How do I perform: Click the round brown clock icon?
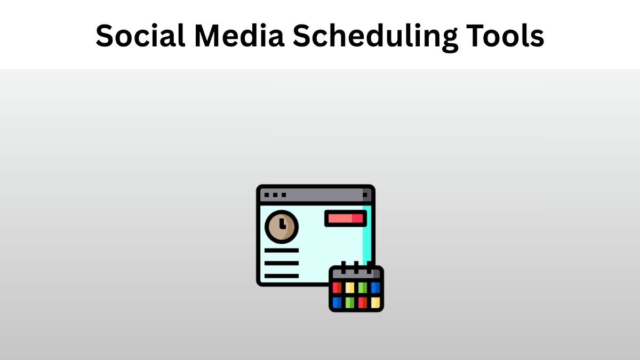click(x=281, y=227)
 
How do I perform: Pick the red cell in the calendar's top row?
click(x=337, y=288)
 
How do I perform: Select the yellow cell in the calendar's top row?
click(x=349, y=288)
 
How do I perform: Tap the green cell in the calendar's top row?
click(x=363, y=288)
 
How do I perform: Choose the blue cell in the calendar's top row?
click(x=375, y=288)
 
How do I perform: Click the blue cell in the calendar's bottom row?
click(x=337, y=302)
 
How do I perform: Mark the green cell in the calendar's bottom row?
click(x=349, y=302)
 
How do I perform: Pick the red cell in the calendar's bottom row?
click(x=363, y=302)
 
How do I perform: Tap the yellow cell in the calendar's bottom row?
click(x=375, y=302)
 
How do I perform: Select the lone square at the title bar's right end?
click(x=365, y=195)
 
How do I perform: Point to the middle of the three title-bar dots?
click(x=275, y=195)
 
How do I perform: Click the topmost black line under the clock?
click(x=281, y=250)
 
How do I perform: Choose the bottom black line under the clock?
click(x=281, y=276)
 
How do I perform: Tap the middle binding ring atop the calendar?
click(x=356, y=265)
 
